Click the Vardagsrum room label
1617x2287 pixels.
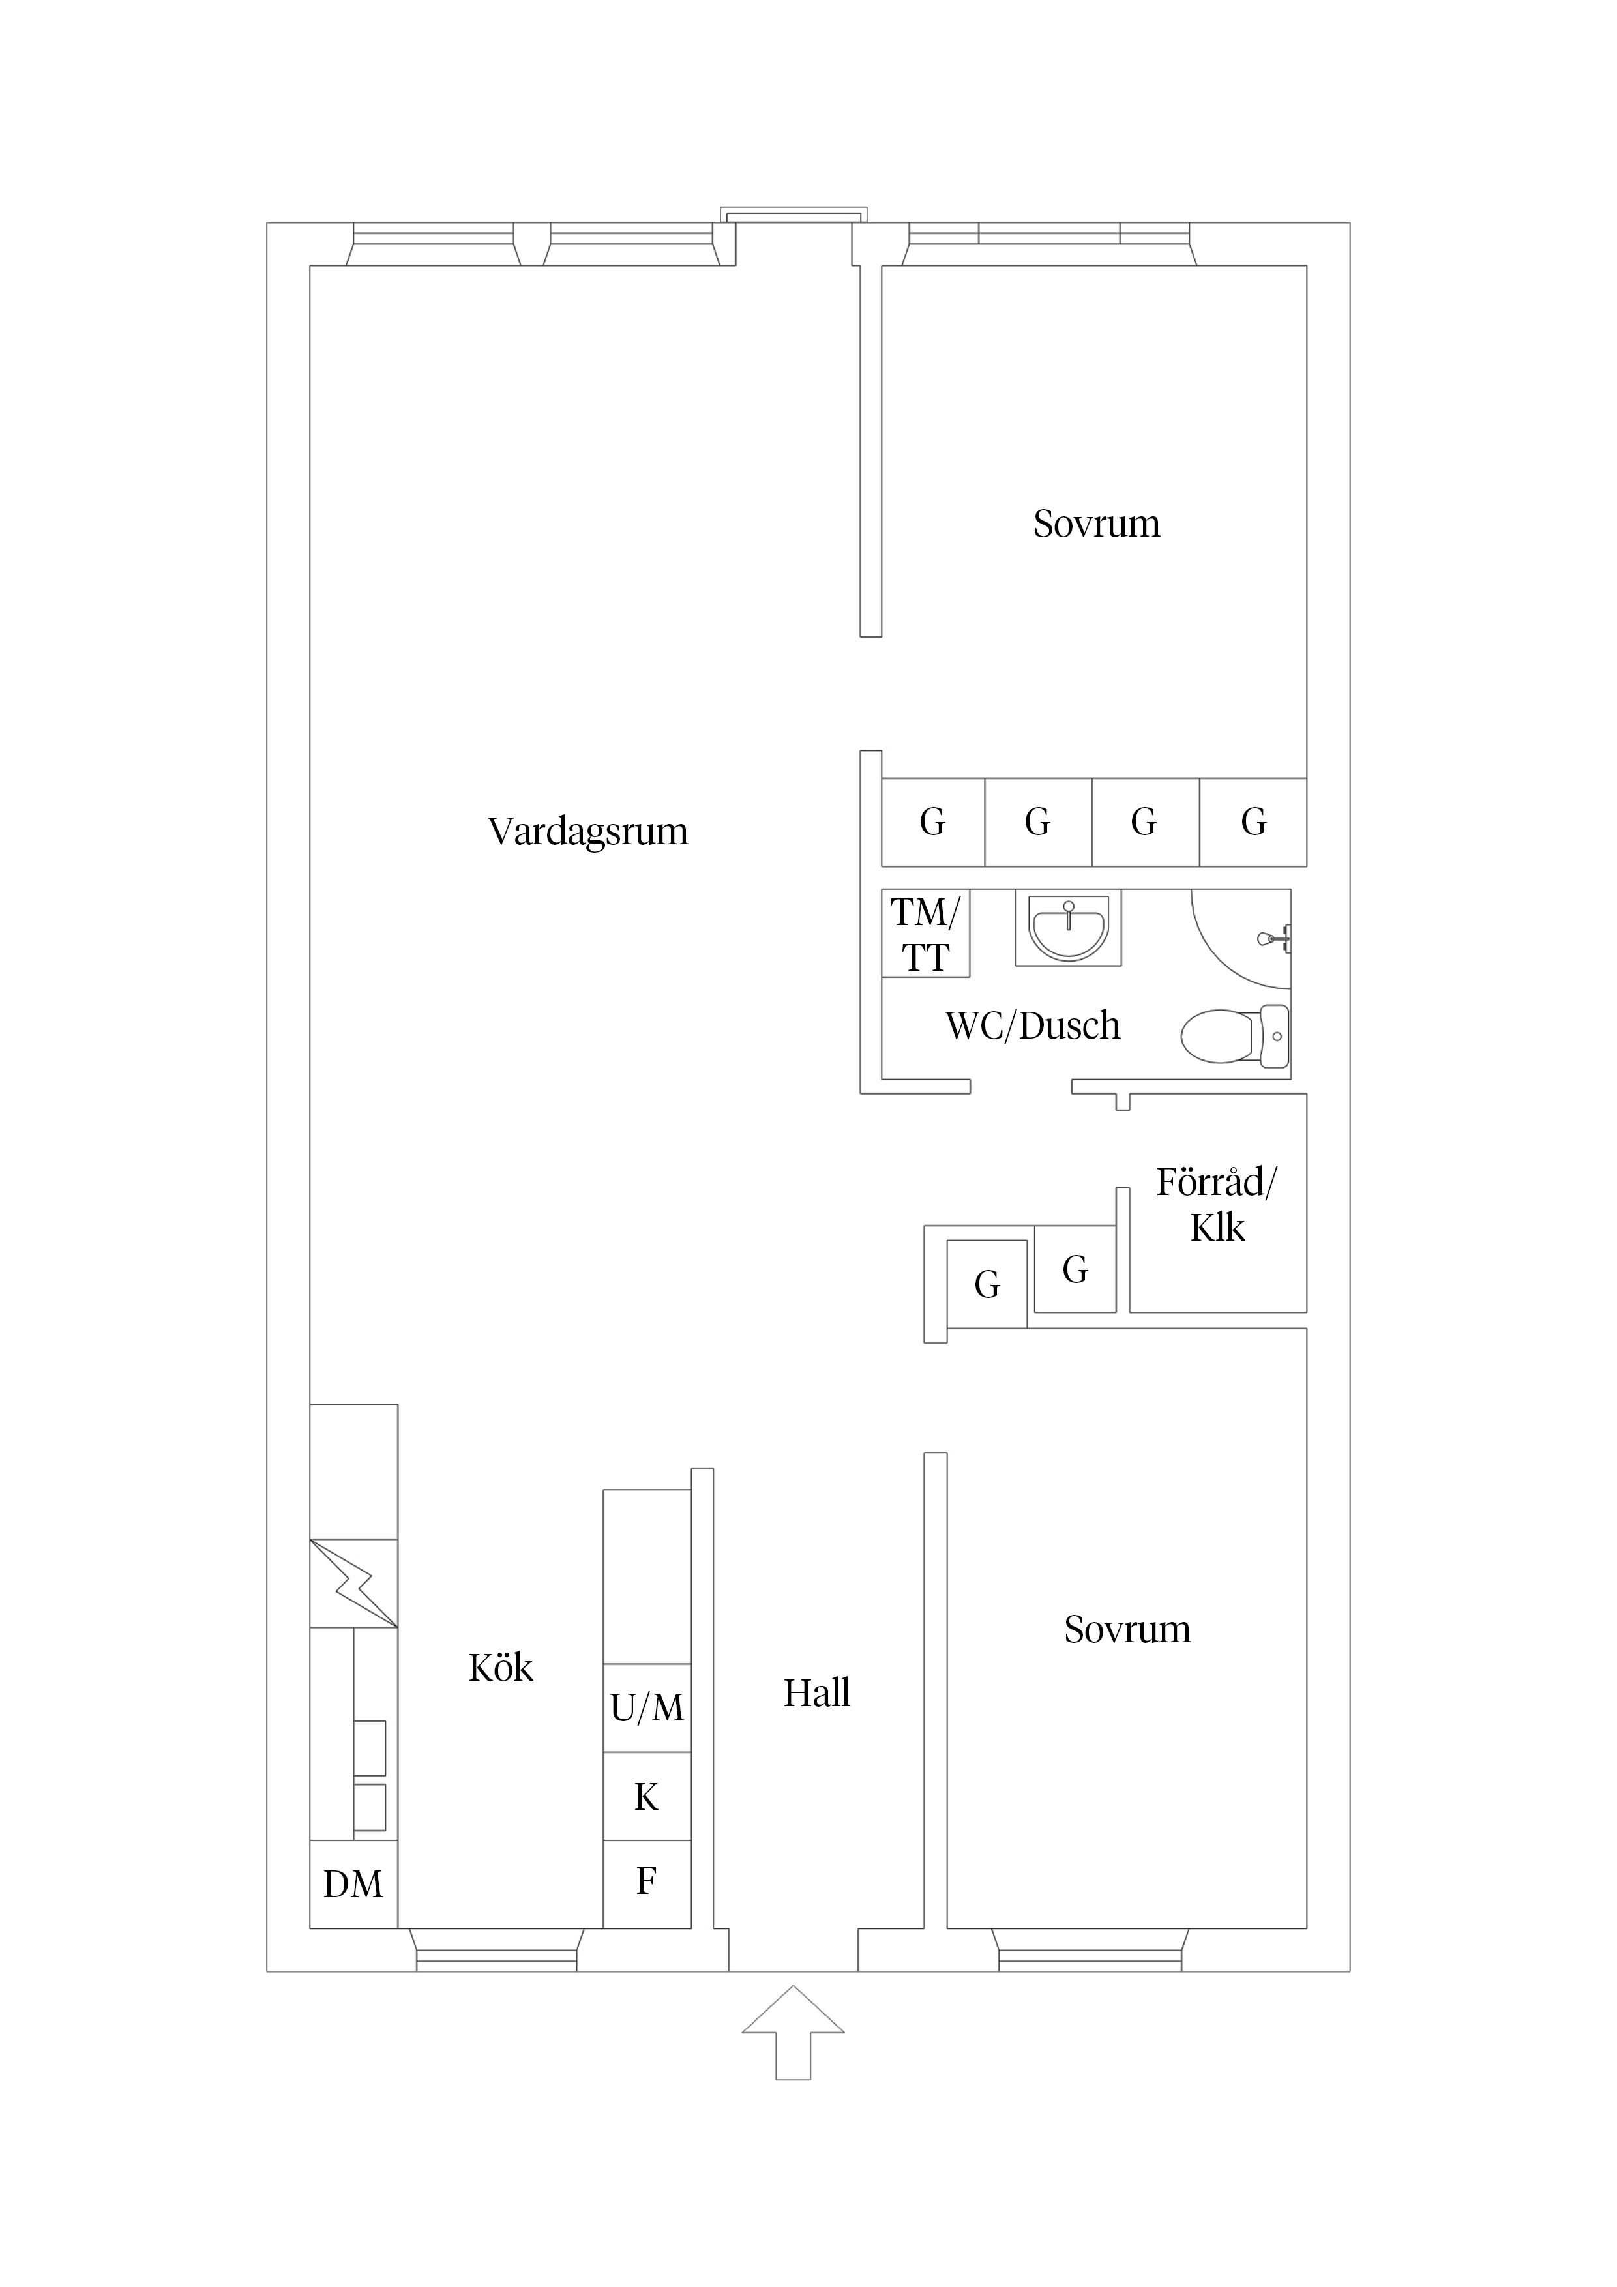[x=588, y=832]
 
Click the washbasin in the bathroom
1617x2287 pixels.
[x=1068, y=928]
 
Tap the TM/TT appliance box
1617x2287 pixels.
[x=926, y=934]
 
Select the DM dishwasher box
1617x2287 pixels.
[x=353, y=1883]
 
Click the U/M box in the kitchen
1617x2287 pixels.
[x=647, y=1708]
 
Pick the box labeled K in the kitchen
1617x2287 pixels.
[x=647, y=1796]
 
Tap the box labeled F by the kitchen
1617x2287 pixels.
[x=647, y=1881]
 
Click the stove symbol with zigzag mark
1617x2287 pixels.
[x=353, y=1584]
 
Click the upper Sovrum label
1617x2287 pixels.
[x=1096, y=524]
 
